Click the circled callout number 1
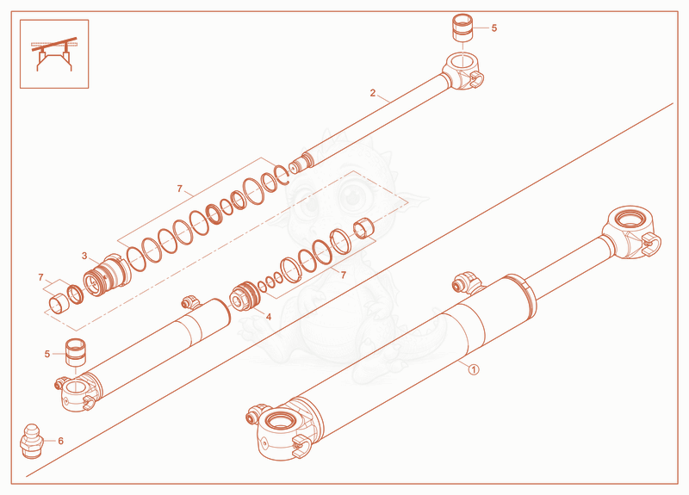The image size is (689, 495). click(473, 369)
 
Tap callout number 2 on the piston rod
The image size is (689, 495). click(373, 93)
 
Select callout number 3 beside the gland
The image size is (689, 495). click(84, 256)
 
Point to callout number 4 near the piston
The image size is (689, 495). click(269, 317)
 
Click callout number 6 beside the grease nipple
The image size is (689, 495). click(60, 441)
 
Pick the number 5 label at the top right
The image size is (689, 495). click(494, 28)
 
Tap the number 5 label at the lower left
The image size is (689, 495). click(47, 354)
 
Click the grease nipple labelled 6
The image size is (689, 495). click(32, 442)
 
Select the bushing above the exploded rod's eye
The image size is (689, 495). click(462, 28)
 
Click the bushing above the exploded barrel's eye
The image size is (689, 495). click(76, 352)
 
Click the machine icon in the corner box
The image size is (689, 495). click(54, 53)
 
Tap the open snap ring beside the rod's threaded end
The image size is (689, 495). click(281, 175)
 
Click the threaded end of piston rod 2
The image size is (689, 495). click(300, 164)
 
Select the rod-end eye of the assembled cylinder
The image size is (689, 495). click(631, 231)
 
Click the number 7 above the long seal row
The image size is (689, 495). click(180, 189)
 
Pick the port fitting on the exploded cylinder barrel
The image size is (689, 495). click(190, 303)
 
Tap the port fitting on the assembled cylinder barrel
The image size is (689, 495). click(467, 282)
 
